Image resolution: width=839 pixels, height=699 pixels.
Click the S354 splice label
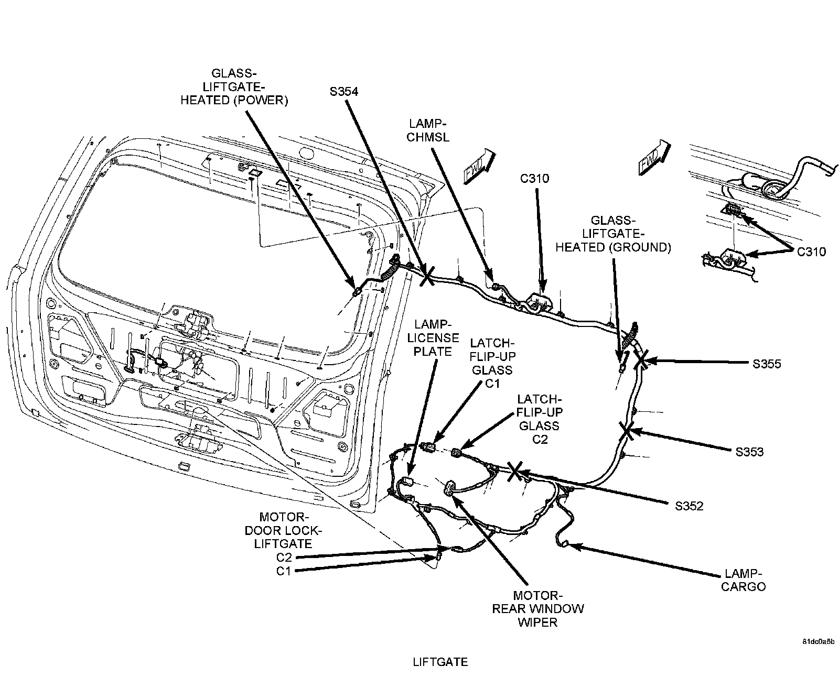coord(344,92)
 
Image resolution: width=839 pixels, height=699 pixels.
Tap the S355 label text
coord(767,364)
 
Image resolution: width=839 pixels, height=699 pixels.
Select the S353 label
coord(749,452)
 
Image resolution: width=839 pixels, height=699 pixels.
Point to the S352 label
coord(689,506)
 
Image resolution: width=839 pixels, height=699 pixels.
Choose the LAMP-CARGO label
coord(744,580)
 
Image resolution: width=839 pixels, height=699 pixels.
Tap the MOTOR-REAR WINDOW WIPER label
coord(537,609)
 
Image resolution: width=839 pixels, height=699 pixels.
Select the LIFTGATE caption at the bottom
coord(440,662)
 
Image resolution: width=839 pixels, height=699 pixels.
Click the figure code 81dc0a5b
coord(817,642)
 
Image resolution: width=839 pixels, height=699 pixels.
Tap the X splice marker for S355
coord(641,361)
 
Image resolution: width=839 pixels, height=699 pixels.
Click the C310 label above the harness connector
coord(535,179)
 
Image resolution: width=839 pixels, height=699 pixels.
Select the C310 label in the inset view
coord(811,252)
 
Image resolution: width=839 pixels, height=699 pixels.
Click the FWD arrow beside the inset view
coord(654,156)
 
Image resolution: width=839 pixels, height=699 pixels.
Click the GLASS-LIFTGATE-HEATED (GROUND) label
coord(613,234)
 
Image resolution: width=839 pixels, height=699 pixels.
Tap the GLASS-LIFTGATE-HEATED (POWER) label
coord(234,86)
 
